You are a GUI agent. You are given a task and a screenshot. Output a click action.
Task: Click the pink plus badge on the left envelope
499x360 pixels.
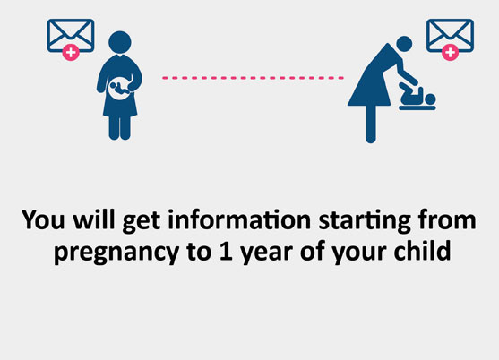71,52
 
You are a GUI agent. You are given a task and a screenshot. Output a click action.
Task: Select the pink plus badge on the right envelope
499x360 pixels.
450,52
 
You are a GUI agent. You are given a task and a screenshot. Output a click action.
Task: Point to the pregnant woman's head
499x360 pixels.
120,42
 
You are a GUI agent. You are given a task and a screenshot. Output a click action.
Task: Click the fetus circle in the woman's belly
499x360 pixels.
119,88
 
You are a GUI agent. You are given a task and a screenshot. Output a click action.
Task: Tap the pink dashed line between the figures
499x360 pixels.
253,78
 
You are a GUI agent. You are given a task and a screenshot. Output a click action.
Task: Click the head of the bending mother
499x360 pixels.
404,44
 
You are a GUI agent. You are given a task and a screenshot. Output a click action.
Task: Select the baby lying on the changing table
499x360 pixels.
417,96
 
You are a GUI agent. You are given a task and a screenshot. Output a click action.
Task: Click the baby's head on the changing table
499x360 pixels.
430,99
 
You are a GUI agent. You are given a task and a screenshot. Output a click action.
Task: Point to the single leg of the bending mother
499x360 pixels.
370,124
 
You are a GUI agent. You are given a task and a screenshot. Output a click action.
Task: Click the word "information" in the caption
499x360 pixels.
239,220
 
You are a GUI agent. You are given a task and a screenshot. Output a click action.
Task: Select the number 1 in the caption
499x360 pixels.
226,250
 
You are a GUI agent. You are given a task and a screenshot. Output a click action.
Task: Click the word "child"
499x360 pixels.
422,250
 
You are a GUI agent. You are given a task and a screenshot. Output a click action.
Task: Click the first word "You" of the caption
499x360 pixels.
43,219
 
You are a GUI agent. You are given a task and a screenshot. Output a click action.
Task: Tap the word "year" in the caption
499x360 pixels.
266,253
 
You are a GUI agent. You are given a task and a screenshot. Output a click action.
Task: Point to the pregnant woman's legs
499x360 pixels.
120,127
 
